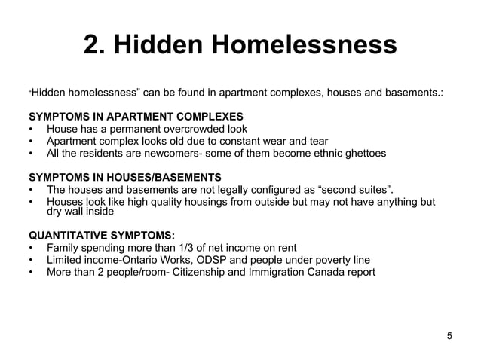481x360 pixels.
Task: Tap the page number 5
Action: pyautogui.click(x=449, y=336)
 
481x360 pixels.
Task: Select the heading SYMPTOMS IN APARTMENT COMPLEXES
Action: pyautogui.click(x=136, y=117)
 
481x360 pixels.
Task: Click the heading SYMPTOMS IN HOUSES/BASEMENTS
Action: pyautogui.click(x=124, y=177)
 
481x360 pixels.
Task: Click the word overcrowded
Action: pyautogui.click(x=199, y=129)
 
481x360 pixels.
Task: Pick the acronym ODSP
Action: pyautogui.click(x=212, y=260)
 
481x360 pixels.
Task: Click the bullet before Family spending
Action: pyautogui.click(x=31, y=248)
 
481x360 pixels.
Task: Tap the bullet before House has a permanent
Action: pyautogui.click(x=31, y=129)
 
